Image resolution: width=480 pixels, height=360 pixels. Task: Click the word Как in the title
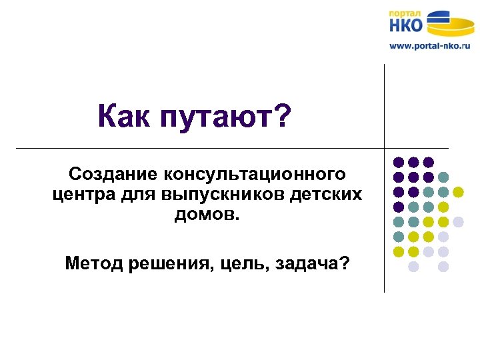125,117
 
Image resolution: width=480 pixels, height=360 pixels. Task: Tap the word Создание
108,175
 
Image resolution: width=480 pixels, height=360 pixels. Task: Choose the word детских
326,195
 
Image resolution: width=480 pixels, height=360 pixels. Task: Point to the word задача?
314,263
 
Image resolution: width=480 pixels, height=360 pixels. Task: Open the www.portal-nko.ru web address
429,46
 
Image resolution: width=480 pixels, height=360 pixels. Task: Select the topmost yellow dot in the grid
458,192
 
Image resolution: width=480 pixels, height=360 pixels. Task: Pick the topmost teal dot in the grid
443,177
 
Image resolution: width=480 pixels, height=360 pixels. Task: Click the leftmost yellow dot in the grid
399,251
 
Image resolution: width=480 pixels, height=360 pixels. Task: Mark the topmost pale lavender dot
458,221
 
